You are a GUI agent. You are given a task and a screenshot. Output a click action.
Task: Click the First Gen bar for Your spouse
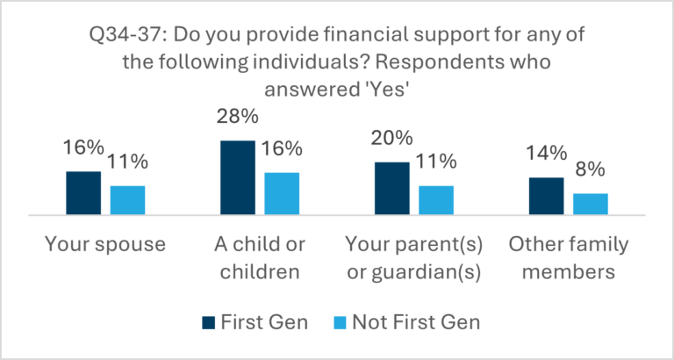pyautogui.click(x=83, y=192)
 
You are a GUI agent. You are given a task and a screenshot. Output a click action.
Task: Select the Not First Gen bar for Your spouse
pyautogui.click(x=127, y=200)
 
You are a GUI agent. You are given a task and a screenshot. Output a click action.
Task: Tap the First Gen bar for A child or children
pyautogui.click(x=238, y=177)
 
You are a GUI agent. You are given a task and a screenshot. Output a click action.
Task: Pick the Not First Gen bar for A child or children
pyautogui.click(x=282, y=193)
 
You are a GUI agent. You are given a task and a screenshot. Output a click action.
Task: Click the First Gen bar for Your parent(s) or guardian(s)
pyautogui.click(x=392, y=188)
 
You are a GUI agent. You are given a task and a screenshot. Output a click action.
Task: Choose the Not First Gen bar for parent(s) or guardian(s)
pyautogui.click(x=436, y=200)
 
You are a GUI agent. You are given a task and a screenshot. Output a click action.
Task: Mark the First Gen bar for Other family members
pyautogui.click(x=546, y=196)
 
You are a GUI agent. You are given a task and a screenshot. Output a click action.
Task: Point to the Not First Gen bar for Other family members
pyautogui.click(x=590, y=204)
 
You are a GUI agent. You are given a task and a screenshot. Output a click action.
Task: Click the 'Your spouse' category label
pyautogui.click(x=105, y=243)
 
